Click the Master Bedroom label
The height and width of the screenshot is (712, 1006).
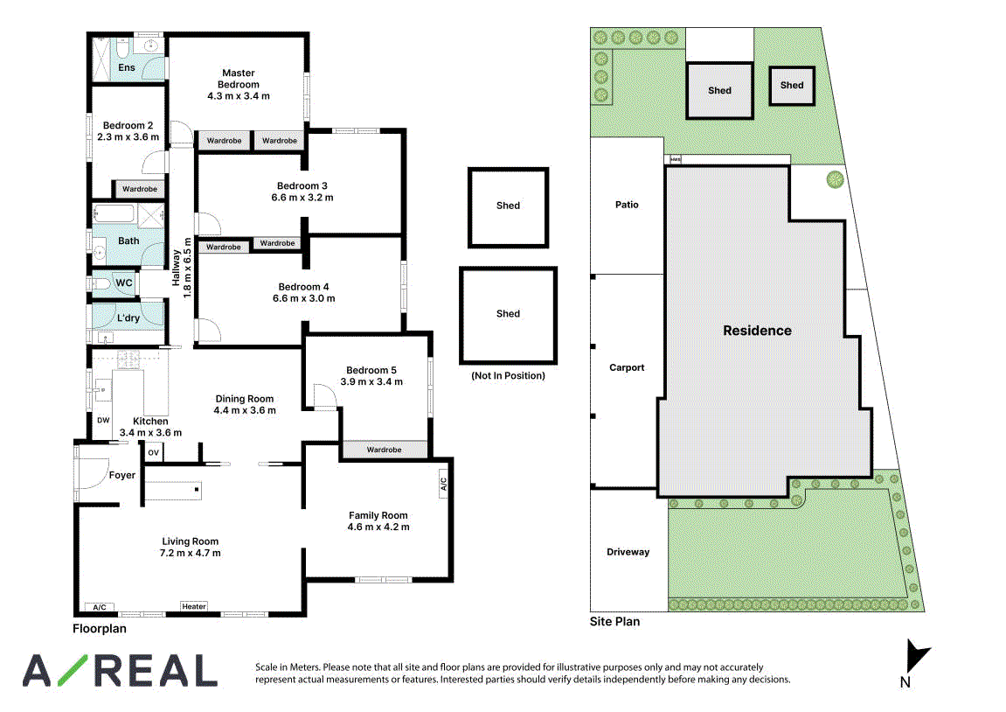click(x=238, y=79)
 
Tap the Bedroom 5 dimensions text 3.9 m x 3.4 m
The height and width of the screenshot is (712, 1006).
click(x=371, y=381)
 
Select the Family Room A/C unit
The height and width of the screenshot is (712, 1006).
click(x=442, y=484)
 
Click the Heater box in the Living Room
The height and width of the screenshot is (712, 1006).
click(x=194, y=606)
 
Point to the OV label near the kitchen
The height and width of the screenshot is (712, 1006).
click(x=153, y=452)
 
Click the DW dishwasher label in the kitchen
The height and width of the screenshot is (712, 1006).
click(x=103, y=421)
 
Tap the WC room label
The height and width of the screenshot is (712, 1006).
click(x=124, y=283)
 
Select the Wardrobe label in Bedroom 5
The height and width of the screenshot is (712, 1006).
click(x=385, y=450)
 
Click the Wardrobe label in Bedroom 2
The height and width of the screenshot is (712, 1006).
click(x=140, y=189)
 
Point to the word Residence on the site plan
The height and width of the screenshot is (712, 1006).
click(x=757, y=331)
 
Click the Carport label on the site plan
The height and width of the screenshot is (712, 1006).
click(x=627, y=367)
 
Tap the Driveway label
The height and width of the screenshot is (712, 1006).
click(x=628, y=552)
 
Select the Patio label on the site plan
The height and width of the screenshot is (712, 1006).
click(x=627, y=204)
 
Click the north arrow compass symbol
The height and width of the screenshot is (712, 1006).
click(x=916, y=655)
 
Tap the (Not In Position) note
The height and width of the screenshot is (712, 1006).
click(x=508, y=375)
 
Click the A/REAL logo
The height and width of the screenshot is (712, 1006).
click(x=120, y=671)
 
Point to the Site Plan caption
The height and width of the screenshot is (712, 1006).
click(x=614, y=622)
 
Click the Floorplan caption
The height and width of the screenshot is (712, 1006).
click(x=100, y=629)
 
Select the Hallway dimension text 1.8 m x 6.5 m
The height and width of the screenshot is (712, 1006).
click(x=187, y=268)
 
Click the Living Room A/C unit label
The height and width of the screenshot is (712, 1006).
click(x=100, y=607)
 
